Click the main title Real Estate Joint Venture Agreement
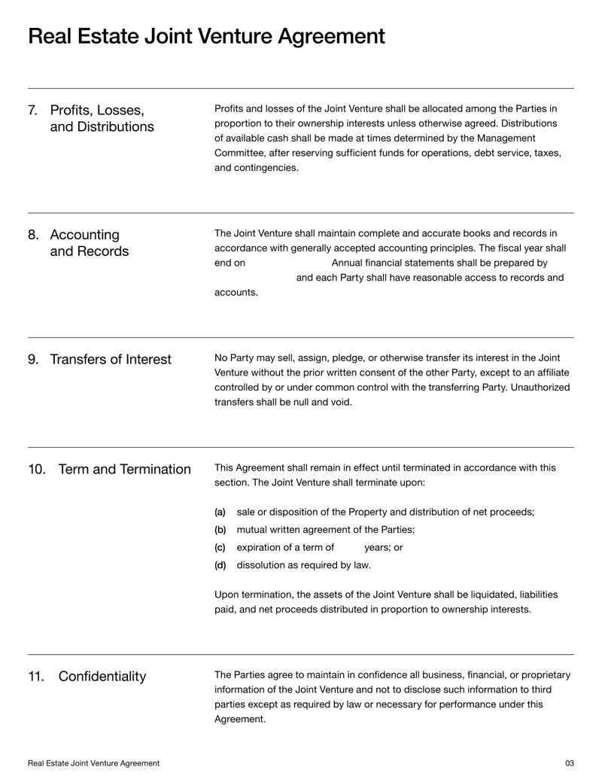(x=206, y=36)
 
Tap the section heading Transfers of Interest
(x=110, y=360)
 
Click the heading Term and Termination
(x=124, y=470)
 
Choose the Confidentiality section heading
(x=102, y=677)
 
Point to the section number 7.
(x=33, y=110)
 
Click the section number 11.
(x=36, y=677)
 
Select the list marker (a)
(x=220, y=512)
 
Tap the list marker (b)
(x=220, y=529)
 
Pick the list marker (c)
(x=220, y=547)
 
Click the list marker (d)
(x=220, y=565)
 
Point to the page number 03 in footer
(x=569, y=763)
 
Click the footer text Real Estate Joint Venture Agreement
(x=93, y=763)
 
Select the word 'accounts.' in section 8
(x=236, y=293)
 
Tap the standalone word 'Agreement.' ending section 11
(x=240, y=719)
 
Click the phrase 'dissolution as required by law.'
(x=303, y=565)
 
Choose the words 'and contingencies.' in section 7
(x=256, y=168)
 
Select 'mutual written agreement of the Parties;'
(x=325, y=529)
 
